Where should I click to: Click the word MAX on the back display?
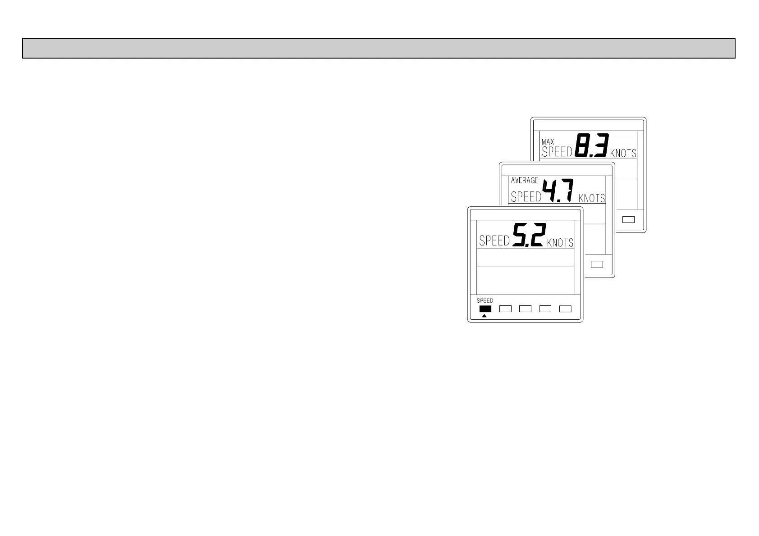pos(548,142)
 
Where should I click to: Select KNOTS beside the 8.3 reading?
pos(623,153)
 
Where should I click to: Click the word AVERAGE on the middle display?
pos(524,180)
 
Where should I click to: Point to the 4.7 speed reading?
pos(558,191)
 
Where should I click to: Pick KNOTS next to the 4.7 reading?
pos(591,198)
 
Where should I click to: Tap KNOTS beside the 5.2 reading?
pos(560,243)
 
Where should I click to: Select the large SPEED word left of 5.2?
pos(494,241)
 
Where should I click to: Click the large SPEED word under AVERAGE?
pos(526,197)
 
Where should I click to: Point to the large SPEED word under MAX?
pos(557,152)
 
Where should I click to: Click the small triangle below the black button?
pos(485,316)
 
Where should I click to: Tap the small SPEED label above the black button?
pos(485,300)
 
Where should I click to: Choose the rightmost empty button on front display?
pos(565,309)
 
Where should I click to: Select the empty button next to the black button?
pos(506,309)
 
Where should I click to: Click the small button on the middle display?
pos(597,264)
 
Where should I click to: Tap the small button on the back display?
pos(628,220)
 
